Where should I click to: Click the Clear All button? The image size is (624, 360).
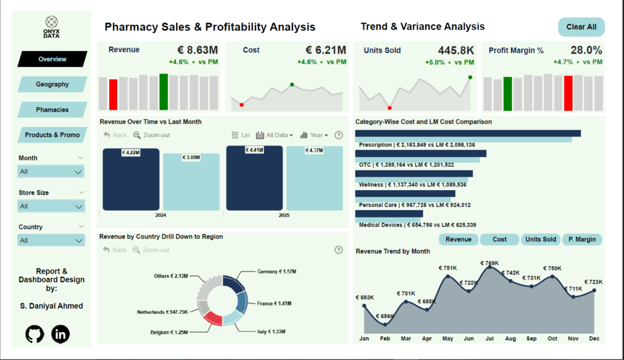581,27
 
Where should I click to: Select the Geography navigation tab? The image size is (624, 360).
52,84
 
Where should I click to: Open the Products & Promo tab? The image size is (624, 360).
52,135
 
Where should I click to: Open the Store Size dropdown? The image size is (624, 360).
51,206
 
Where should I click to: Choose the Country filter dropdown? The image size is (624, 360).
51,241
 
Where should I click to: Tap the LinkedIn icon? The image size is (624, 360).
60,333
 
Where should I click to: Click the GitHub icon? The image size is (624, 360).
35,333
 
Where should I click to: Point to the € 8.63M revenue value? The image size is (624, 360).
197,50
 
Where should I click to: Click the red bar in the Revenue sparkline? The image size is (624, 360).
113,94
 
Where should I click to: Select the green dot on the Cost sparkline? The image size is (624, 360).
292,84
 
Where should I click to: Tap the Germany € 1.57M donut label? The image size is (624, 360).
277,272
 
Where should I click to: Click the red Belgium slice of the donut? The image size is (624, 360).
212,317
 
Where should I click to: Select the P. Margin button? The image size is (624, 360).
581,239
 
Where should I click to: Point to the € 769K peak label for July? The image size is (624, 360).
489,264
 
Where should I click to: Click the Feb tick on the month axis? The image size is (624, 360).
385,339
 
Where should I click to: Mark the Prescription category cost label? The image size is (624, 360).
416,145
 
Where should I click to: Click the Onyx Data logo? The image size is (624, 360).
52,27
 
